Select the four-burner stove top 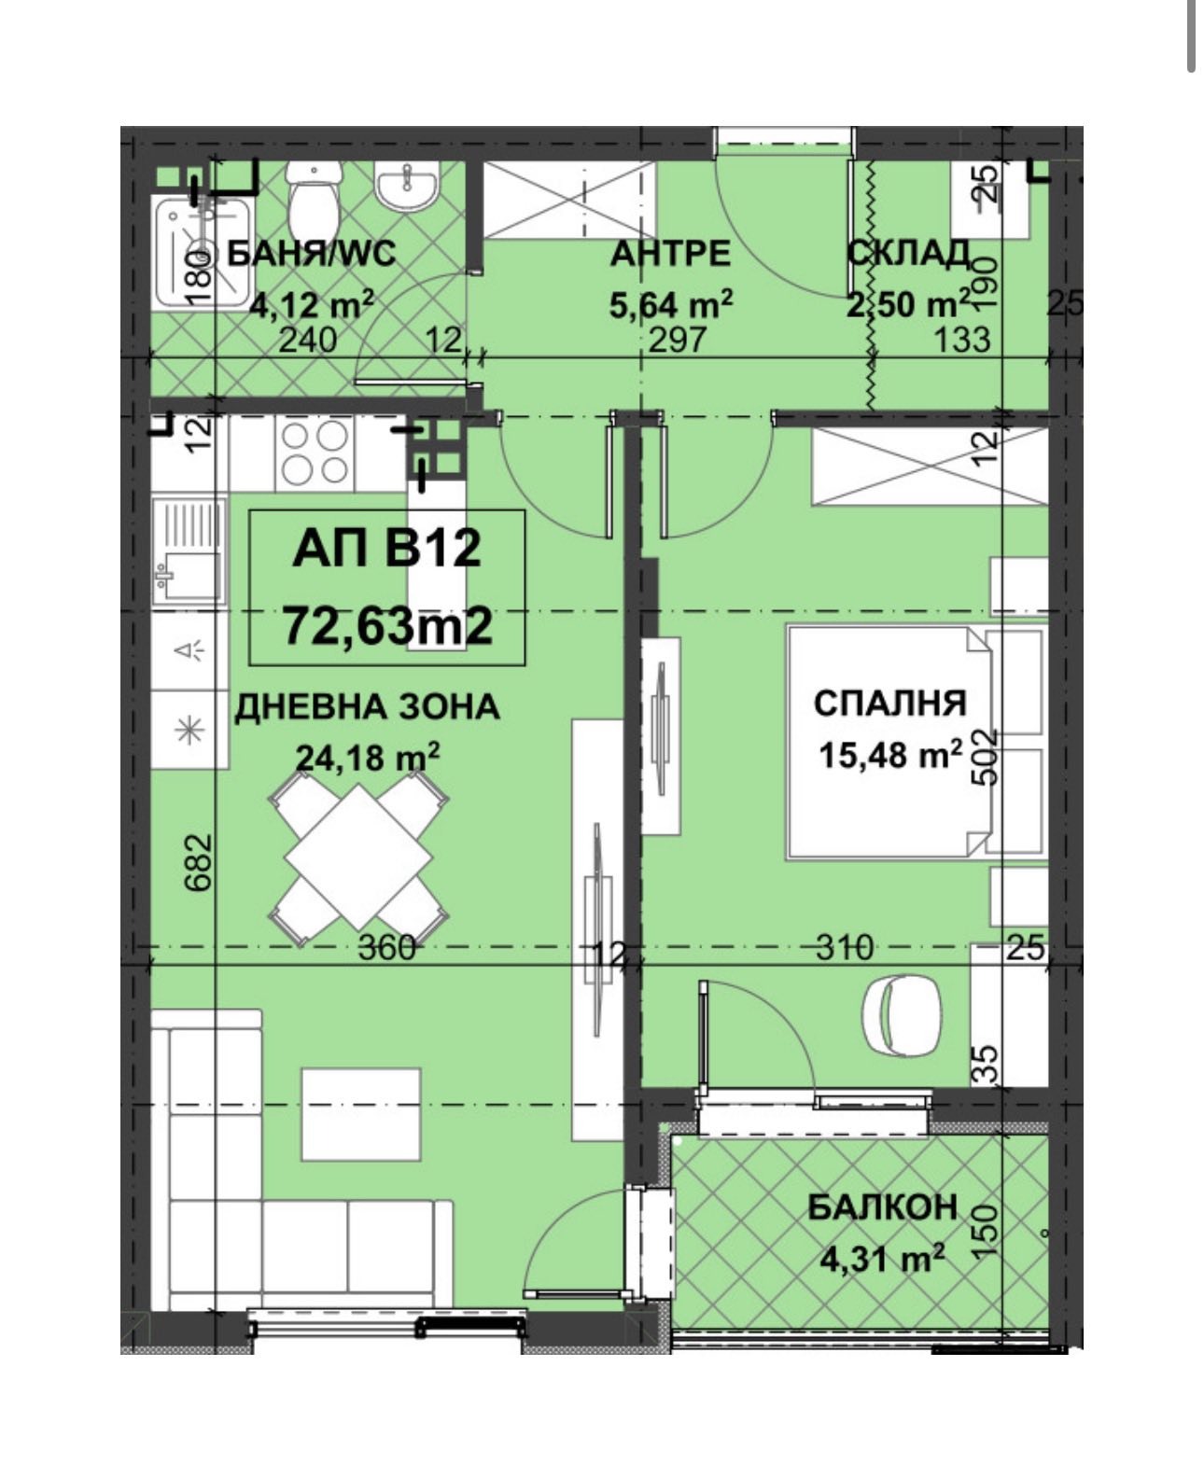315,453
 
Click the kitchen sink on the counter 189,551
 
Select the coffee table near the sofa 361,1113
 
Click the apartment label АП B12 386,550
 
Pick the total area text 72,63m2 386,625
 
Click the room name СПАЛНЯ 889,703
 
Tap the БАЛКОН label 882,1206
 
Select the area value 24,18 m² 368,757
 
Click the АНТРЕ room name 670,254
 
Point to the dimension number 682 200,862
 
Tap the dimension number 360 387,947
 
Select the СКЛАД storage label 907,253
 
